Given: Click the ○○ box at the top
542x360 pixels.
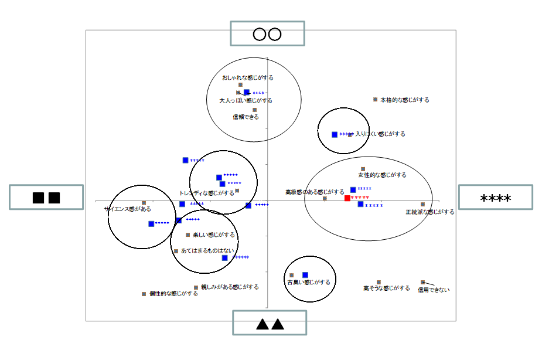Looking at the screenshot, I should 267,33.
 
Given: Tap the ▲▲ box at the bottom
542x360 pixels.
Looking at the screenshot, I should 270,322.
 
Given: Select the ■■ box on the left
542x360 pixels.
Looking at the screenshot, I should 46,197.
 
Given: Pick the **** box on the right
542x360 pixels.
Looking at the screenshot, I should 495,198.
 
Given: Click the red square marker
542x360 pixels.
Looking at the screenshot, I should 347,198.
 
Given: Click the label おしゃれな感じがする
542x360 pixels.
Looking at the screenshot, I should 247,77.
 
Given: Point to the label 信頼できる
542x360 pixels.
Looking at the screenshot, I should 246,117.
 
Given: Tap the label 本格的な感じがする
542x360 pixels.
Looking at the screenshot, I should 405,100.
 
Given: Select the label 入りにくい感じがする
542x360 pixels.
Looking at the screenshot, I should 380,134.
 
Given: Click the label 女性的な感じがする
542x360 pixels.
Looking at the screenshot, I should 382,175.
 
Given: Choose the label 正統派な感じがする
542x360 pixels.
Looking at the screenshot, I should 429,212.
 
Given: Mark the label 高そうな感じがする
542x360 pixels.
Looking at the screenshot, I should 387,288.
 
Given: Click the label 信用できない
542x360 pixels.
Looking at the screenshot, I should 434,290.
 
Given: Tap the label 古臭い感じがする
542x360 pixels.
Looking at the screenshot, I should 308,282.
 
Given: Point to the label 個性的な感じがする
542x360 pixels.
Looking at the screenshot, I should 173,294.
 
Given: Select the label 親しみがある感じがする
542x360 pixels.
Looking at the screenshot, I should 230,287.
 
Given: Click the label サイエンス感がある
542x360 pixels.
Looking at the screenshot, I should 128,209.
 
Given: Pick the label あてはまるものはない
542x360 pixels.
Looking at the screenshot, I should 207,250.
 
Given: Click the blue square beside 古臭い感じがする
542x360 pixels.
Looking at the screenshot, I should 305,274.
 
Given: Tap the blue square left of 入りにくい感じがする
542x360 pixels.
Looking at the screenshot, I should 335,134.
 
